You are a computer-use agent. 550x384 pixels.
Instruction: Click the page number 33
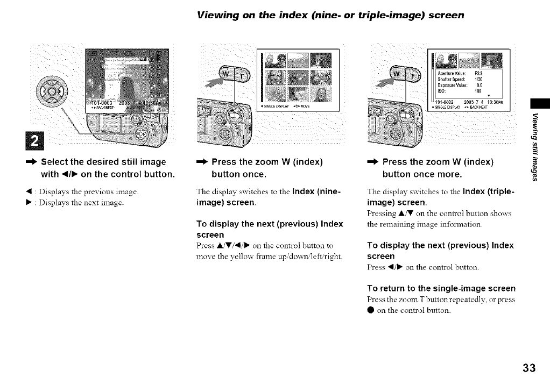point(528,368)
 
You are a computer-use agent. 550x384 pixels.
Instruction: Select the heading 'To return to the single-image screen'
point(441,288)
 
